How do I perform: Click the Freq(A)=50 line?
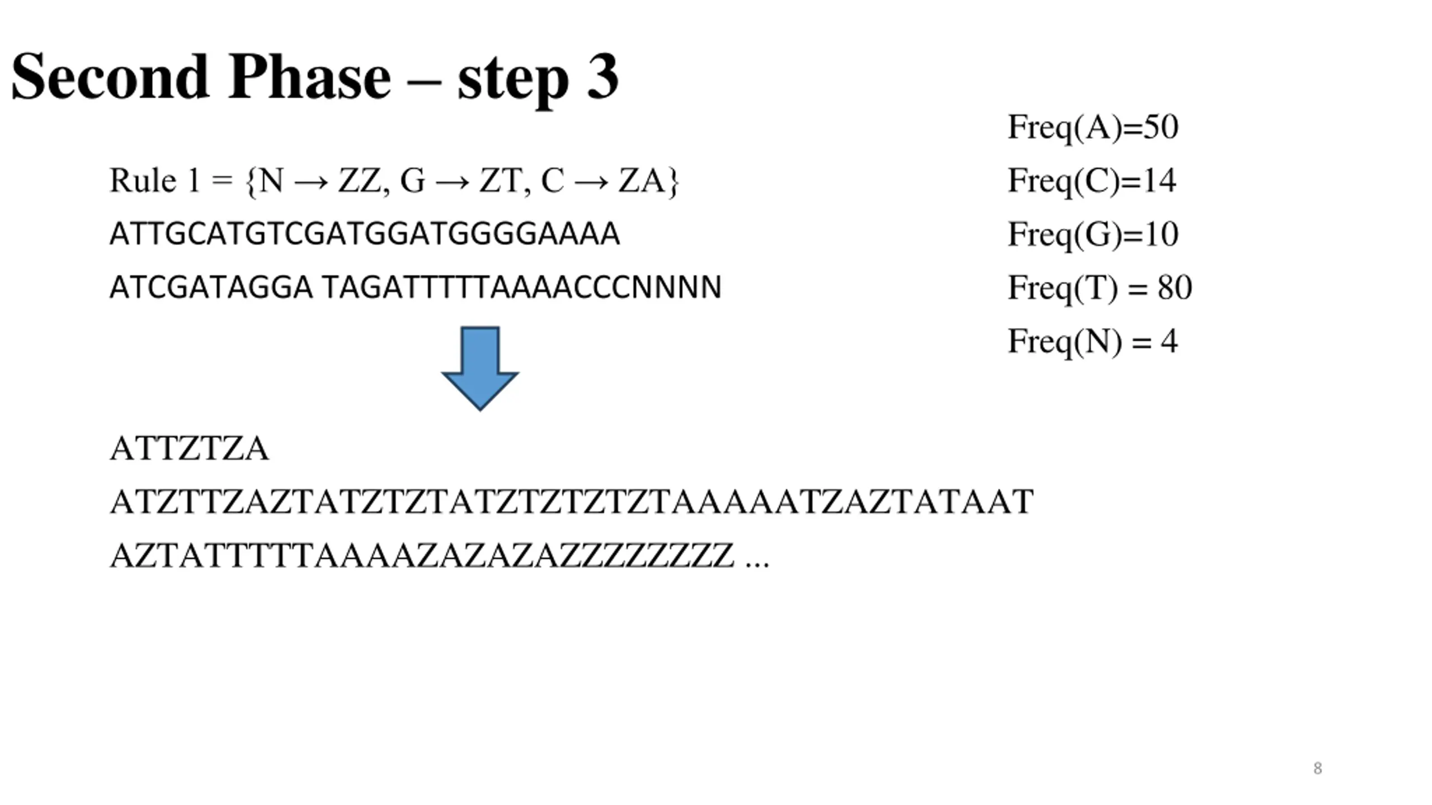coord(1092,127)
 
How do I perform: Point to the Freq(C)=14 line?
coord(1091,181)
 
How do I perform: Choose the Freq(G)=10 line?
coord(1092,234)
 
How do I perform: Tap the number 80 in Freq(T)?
coord(1175,288)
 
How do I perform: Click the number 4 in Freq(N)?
coord(1169,341)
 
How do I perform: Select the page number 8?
coord(1317,769)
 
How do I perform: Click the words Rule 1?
coord(154,181)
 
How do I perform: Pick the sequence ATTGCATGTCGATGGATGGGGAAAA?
coord(364,234)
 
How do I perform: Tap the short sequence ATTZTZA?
coord(189,449)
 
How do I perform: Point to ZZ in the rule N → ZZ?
coord(359,181)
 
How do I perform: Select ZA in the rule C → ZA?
coord(639,181)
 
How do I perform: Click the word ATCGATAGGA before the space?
coord(211,288)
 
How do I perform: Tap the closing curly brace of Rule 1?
coord(673,182)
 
